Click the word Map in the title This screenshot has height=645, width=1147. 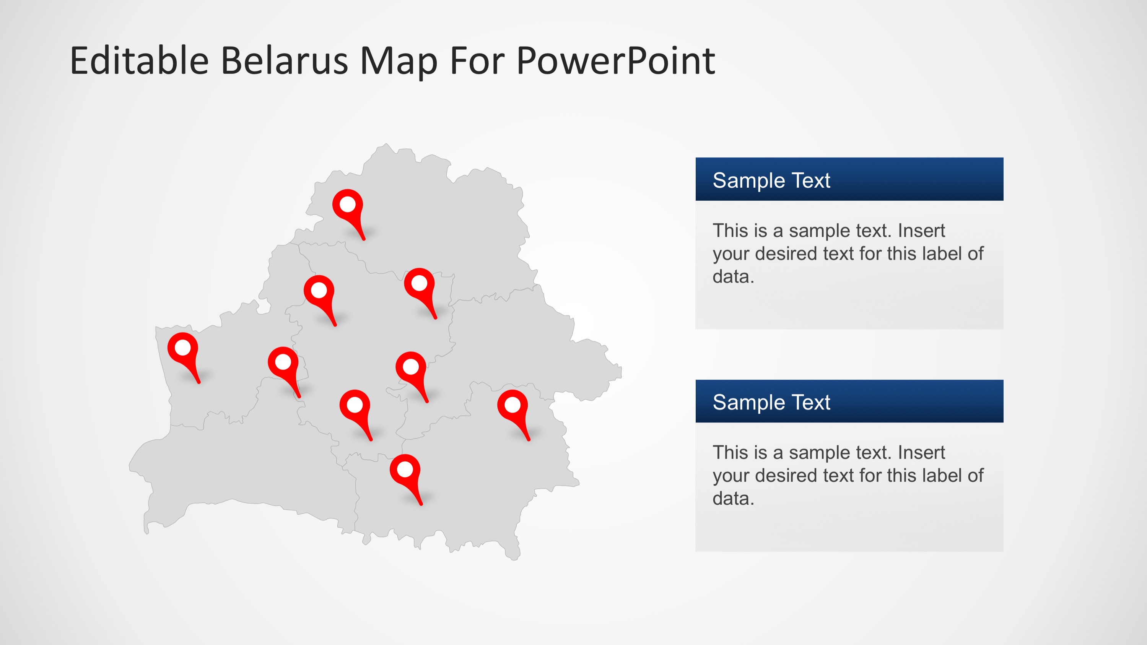click(398, 62)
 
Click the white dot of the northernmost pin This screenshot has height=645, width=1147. click(348, 204)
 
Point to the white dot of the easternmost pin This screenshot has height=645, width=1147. click(512, 405)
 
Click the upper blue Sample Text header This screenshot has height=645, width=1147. click(849, 179)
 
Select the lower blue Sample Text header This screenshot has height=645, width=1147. click(849, 401)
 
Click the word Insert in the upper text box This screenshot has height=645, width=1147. click(921, 231)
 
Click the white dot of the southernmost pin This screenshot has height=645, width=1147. click(405, 470)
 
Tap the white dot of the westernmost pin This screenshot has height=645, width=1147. click(183, 348)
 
